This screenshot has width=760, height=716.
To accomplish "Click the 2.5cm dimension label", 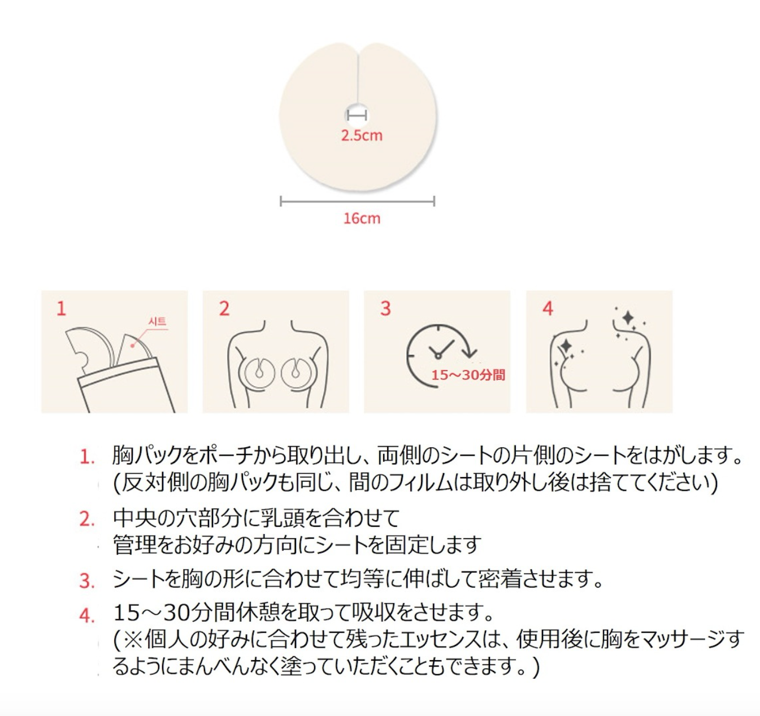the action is pyautogui.click(x=362, y=136).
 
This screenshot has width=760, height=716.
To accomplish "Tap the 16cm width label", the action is pyautogui.click(x=362, y=219).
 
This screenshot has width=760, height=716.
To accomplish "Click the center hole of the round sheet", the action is pyautogui.click(x=357, y=115).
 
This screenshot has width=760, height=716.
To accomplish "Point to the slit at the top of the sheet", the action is pyautogui.click(x=358, y=76).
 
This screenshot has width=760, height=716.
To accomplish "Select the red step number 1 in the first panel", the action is pyautogui.click(x=61, y=309).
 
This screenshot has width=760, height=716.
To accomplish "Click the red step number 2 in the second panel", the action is pyautogui.click(x=224, y=309).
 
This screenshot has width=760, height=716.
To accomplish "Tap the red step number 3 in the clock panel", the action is pyautogui.click(x=385, y=309).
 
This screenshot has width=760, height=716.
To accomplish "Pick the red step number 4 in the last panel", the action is pyautogui.click(x=548, y=309).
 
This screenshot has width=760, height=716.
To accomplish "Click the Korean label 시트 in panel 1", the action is pyautogui.click(x=157, y=321).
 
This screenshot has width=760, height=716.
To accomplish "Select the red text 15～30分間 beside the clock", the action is pyautogui.click(x=468, y=375).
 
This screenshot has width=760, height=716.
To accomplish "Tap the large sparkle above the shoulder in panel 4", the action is pyautogui.click(x=628, y=318).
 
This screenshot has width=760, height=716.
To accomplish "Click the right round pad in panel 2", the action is pyautogui.click(x=297, y=372).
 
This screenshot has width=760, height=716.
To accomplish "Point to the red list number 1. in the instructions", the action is pyautogui.click(x=87, y=457).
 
